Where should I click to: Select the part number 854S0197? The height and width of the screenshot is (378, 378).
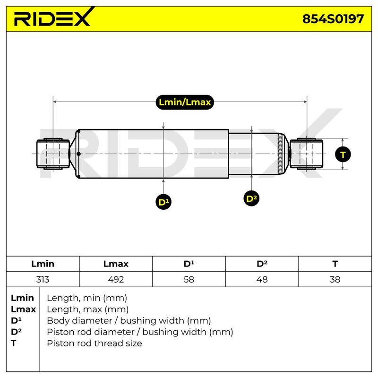[333, 19]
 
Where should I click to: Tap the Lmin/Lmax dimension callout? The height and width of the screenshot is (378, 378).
[185, 102]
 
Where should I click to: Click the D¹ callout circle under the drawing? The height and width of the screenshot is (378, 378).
[163, 202]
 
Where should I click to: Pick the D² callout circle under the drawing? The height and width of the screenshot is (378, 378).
[251, 198]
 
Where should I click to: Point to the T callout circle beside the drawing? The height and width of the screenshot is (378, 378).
[343, 154]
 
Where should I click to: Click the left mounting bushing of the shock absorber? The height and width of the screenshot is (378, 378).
[53, 154]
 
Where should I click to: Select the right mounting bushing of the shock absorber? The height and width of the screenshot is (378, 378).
[306, 154]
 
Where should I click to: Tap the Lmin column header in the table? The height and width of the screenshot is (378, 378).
[43, 264]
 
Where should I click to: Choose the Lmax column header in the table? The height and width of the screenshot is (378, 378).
[116, 264]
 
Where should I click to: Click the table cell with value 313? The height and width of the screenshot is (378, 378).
[43, 279]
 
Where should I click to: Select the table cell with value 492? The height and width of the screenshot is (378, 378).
[116, 279]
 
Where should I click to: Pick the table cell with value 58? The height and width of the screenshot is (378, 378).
[189, 279]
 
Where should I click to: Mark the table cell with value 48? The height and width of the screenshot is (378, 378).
[262, 279]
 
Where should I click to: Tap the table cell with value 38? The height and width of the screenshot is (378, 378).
[335, 279]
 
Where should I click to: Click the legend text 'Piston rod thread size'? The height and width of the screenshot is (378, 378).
[94, 344]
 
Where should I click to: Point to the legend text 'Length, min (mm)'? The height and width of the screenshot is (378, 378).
[87, 298]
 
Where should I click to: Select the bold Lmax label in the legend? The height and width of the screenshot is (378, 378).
[23, 309]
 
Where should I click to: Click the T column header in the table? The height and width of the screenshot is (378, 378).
[335, 264]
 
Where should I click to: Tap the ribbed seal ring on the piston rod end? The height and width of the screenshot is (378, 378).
[280, 154]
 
